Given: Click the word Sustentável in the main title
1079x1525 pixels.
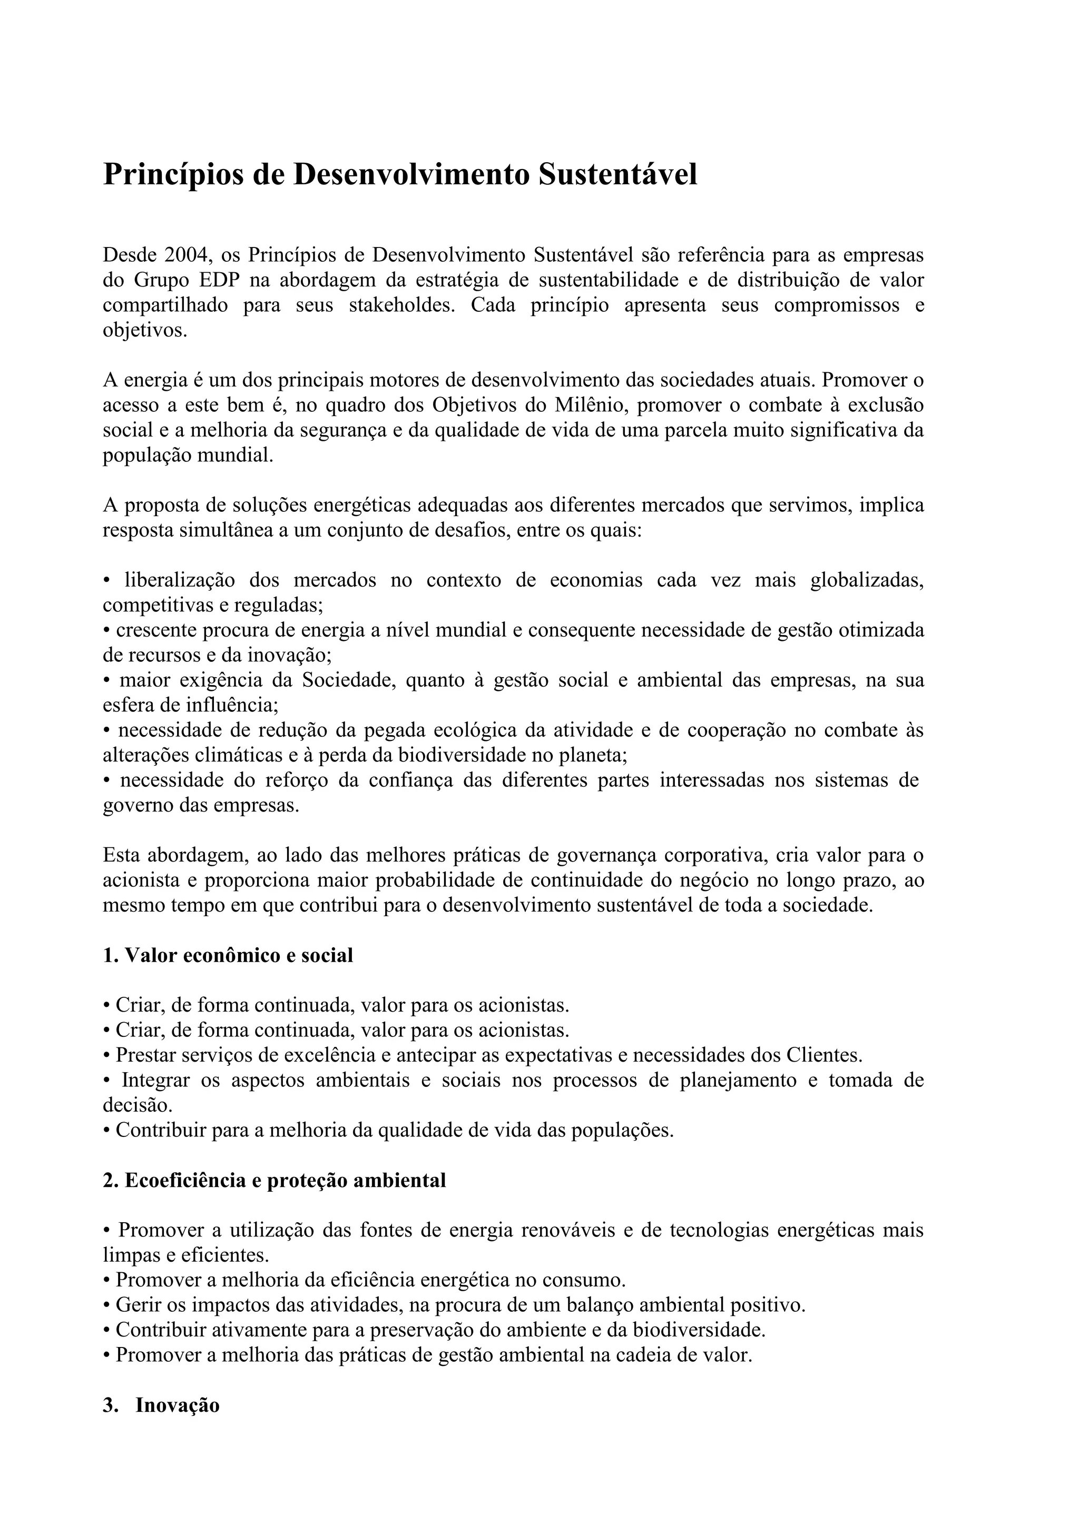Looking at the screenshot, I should coord(617,175).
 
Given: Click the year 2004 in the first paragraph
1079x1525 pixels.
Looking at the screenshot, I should coord(188,255).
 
